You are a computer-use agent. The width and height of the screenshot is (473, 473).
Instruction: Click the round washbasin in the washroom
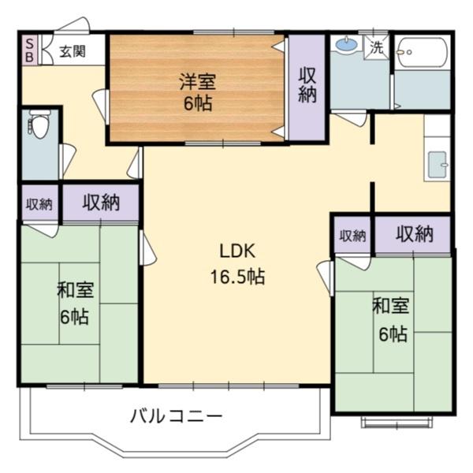(x=345, y=46)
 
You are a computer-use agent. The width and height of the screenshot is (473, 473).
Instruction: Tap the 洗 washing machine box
(x=378, y=47)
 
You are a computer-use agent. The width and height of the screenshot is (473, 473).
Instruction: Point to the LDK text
(x=235, y=252)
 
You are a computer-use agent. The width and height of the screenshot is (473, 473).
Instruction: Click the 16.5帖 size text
(x=236, y=277)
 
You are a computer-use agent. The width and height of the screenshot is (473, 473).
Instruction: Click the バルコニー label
(x=177, y=416)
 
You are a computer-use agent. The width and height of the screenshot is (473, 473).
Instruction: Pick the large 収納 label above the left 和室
(x=102, y=203)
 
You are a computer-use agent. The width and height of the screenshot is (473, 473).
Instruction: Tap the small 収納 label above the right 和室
(x=352, y=235)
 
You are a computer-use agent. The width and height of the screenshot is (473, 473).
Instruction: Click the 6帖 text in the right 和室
(x=391, y=333)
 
